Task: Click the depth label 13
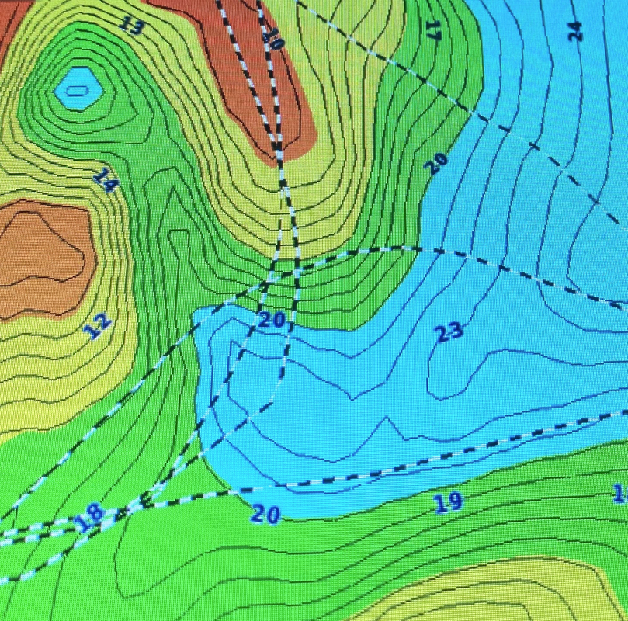tap(132, 26)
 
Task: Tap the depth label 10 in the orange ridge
tap(272, 36)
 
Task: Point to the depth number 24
tap(574, 31)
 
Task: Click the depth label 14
tap(105, 180)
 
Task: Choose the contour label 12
tap(99, 326)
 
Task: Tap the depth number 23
tap(449, 332)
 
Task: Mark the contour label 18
tap(89, 515)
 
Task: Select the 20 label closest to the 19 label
tap(265, 514)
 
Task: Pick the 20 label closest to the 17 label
tap(436, 162)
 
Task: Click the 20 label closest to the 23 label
tap(272, 319)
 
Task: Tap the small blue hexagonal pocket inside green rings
tap(78, 87)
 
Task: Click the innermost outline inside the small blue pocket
tap(76, 90)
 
